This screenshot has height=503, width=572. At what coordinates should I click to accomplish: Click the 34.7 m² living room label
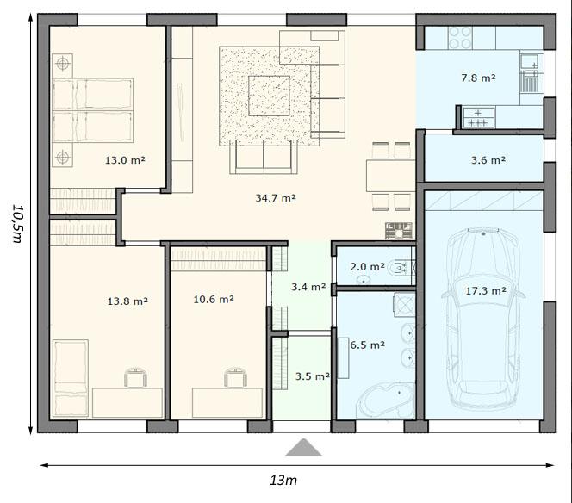276,198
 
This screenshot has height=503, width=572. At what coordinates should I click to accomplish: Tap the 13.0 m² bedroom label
125,159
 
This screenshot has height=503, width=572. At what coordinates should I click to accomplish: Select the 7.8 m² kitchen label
478,78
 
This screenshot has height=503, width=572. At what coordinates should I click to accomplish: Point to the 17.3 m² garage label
486,291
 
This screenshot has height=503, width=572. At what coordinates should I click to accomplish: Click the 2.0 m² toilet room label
367,267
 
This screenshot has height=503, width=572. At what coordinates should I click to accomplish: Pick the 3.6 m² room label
488,160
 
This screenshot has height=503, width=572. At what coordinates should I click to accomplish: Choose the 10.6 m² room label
214,300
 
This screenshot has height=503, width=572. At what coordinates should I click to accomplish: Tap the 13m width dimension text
283,480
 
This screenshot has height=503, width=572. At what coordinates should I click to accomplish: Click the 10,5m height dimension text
18,223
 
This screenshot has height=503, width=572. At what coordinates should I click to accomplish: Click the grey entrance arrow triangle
304,448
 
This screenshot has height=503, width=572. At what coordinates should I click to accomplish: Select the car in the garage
484,317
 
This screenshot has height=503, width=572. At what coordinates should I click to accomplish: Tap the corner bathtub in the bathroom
386,401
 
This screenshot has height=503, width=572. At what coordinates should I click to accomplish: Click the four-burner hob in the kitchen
460,38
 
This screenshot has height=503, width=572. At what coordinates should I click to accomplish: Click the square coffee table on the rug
269,96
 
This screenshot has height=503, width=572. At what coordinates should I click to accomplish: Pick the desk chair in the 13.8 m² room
136,377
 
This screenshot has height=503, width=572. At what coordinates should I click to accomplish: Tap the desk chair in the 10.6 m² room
236,377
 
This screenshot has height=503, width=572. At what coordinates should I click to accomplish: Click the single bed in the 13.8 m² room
71,378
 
